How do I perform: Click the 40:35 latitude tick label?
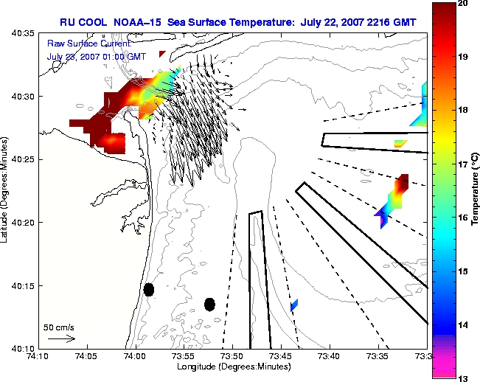coord(23,32)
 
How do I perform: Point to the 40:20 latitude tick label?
coord(23,223)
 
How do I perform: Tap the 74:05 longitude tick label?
coord(88,356)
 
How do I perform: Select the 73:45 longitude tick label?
coord(282,356)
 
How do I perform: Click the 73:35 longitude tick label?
coord(378,356)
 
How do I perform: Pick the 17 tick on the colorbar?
coord(462,164)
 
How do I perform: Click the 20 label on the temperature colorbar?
coord(462,4)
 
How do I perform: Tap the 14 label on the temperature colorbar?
coord(462,325)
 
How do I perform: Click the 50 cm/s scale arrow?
coord(61,338)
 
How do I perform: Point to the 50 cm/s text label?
coord(59,327)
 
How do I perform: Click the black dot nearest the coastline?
coord(149,290)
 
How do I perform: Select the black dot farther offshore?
coord(209,305)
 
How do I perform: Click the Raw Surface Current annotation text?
coord(89,44)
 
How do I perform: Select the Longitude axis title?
coord(234,367)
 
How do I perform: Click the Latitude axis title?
coord(4,190)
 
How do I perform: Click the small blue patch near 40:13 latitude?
coord(294,305)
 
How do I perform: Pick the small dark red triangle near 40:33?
coord(161,54)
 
